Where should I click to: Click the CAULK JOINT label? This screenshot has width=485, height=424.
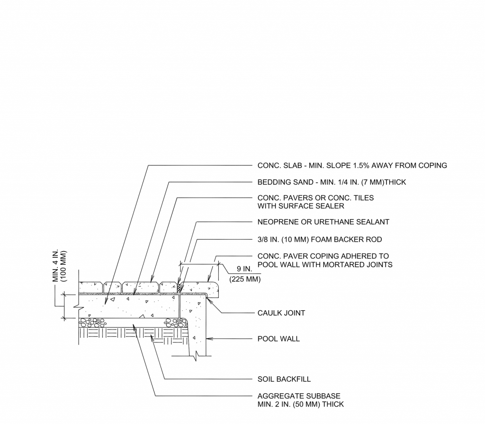(281, 313)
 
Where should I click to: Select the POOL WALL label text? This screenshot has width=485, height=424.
(278, 339)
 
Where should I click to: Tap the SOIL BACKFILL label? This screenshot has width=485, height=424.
(284, 379)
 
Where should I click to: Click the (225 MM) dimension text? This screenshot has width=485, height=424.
(245, 280)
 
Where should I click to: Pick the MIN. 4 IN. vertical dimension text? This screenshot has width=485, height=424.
(56, 267)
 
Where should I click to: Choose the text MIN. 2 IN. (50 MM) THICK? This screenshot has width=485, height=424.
(301, 405)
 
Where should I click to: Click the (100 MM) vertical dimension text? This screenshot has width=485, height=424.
(64, 267)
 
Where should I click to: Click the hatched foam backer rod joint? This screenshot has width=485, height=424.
(179, 288)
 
